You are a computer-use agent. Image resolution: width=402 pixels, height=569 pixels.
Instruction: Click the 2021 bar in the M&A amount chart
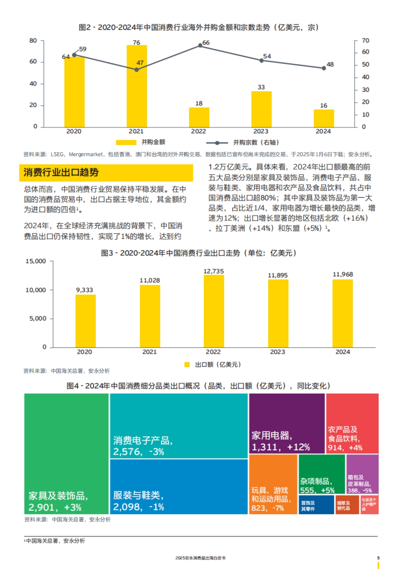click(x=137, y=86)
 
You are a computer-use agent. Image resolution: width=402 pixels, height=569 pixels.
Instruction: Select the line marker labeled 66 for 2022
click(x=200, y=46)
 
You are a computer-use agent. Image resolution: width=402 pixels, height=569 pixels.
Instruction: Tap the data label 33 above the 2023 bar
click(x=261, y=87)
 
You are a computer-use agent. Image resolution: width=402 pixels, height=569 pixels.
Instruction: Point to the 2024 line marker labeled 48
click(x=324, y=68)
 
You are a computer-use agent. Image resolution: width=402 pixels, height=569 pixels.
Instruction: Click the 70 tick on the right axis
click(x=365, y=41)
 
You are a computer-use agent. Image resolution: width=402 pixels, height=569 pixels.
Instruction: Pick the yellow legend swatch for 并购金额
click(x=126, y=142)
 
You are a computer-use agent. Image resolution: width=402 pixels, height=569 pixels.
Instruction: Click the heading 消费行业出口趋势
click(x=61, y=173)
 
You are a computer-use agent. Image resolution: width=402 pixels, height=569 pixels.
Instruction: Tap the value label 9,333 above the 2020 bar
click(x=84, y=290)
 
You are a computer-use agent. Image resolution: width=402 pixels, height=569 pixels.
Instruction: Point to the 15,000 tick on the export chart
click(x=36, y=261)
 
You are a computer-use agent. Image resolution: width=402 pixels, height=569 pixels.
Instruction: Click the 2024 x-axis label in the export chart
click(x=343, y=352)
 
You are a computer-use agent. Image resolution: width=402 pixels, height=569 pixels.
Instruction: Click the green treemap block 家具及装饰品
click(x=66, y=453)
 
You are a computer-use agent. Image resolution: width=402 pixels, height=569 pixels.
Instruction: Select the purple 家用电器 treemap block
click(x=287, y=424)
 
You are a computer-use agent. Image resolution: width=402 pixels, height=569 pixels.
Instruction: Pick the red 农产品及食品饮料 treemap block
click(x=352, y=424)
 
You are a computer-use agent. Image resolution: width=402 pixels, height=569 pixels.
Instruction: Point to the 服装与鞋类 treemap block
click(x=179, y=487)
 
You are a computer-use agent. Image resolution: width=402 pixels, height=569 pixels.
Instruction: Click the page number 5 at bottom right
click(x=379, y=558)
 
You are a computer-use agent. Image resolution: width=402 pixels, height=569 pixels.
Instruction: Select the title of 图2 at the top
click(x=198, y=27)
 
